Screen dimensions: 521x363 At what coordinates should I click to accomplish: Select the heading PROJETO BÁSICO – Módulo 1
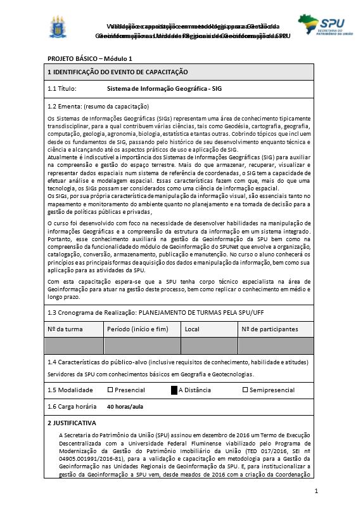(x=90, y=58)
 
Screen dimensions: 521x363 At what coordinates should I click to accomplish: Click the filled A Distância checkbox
(x=174, y=390)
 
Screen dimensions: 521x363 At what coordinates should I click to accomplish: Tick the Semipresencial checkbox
(x=245, y=390)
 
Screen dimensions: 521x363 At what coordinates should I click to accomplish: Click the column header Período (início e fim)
(x=137, y=329)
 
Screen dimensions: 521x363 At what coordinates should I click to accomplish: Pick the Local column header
(x=192, y=329)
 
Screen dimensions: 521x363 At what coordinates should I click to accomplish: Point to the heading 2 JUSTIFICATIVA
(x=72, y=423)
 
